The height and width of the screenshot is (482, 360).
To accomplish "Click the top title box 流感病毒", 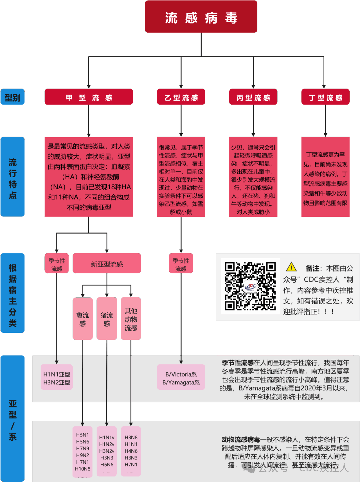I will (201, 17).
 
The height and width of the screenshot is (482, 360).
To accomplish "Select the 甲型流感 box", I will (89, 97).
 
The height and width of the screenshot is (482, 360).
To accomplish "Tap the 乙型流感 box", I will (181, 97).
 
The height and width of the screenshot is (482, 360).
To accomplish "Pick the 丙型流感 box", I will (253, 97).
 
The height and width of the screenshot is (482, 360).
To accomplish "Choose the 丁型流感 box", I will (325, 97).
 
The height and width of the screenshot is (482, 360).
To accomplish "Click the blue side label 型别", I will (13, 97).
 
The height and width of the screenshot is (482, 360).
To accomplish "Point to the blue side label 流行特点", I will (13, 177).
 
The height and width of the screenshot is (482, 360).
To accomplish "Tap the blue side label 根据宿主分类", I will (13, 293).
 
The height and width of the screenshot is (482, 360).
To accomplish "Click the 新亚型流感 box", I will (107, 264).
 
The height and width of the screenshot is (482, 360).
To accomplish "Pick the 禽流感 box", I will (83, 319).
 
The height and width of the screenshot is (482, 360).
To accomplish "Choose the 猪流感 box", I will (107, 319).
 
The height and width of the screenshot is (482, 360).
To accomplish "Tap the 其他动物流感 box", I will (131, 319).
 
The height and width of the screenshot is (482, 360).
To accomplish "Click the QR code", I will (250, 286).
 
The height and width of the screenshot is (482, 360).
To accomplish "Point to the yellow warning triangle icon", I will (291, 267).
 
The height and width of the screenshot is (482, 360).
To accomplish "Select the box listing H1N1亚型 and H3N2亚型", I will (57, 378).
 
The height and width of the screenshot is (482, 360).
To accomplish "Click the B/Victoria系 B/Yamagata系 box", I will (181, 378).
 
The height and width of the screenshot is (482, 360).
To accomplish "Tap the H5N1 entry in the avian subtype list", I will (82, 435).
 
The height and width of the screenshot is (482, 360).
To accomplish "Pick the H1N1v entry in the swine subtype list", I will (107, 437).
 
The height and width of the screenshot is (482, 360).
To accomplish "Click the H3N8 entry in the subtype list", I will (131, 437).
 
